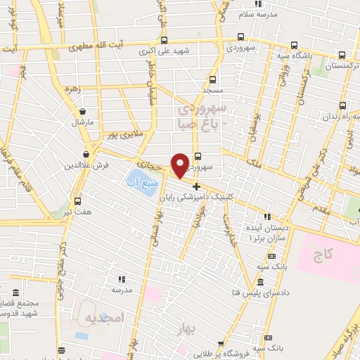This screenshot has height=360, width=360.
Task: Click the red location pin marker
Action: click(181, 165)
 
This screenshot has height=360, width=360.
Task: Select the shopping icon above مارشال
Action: click(83, 111)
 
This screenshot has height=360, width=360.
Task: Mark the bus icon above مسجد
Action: click(212, 79)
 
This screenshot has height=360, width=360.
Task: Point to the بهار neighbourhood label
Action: click(184, 328)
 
